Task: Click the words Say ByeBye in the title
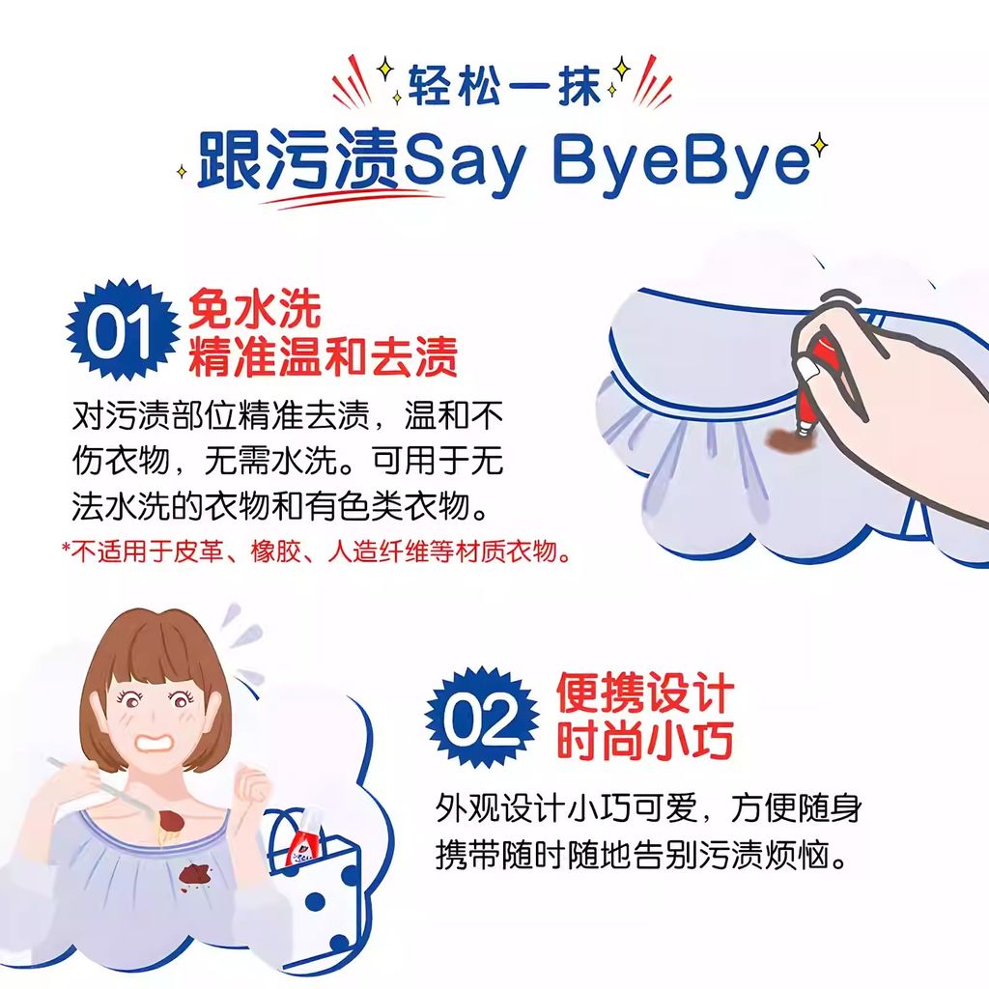click(605, 161)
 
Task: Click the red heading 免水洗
click(255, 309)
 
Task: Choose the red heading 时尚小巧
click(644, 740)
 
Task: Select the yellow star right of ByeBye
click(820, 147)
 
